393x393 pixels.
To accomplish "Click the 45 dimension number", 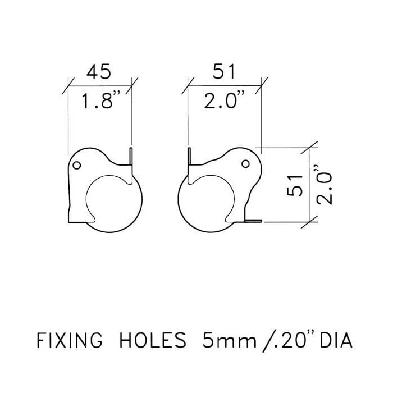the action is [x=98, y=71].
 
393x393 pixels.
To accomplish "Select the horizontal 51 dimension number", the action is [x=224, y=71].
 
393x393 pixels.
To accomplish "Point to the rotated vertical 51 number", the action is [x=295, y=185].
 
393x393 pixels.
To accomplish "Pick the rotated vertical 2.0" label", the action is [x=324, y=185].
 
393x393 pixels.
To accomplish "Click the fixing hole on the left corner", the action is [x=77, y=165].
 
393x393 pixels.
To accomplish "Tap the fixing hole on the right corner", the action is [x=246, y=164].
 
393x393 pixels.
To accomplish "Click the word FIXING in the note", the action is [x=70, y=340].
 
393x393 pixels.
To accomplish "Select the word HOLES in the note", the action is [x=153, y=340].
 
